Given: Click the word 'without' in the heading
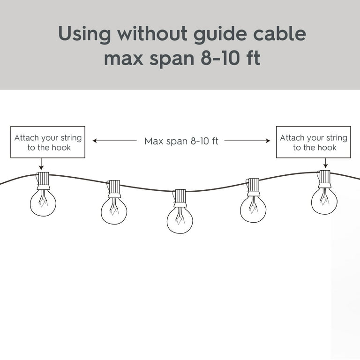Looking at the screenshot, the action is pyautogui.click(x=152, y=33).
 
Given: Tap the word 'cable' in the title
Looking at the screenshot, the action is pyautogui.click(x=279, y=33).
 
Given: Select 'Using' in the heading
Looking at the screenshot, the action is pyautogui.click(x=84, y=35).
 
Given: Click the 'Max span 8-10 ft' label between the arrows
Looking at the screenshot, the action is pyautogui.click(x=181, y=141).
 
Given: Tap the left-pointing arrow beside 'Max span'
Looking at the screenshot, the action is pyautogui.click(x=114, y=141).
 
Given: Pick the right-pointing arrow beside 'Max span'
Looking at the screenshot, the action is pyautogui.click(x=247, y=141).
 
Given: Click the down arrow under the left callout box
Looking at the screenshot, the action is pyautogui.click(x=41, y=164).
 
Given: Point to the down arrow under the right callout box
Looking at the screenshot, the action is pyautogui.click(x=325, y=163).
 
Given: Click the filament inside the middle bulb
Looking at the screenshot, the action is pyautogui.click(x=180, y=216).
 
